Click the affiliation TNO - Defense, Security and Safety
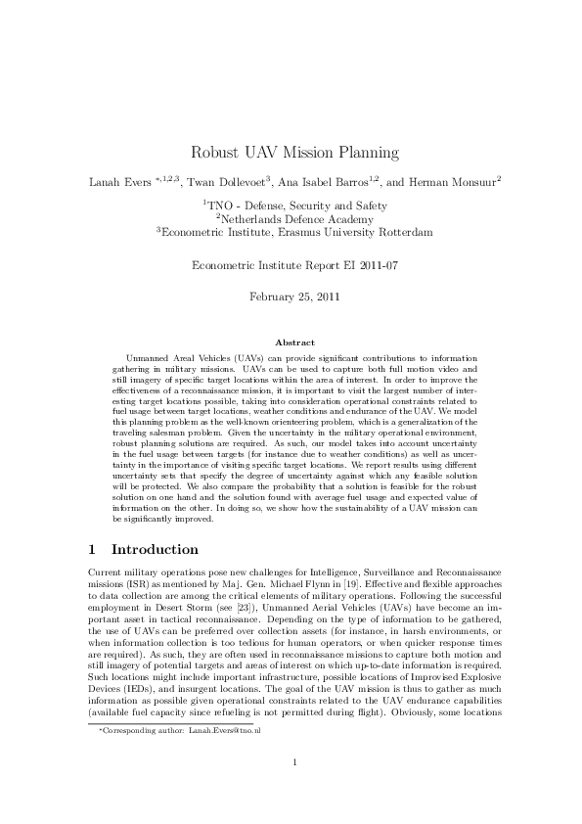click(296, 206)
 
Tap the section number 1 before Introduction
click(90, 550)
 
